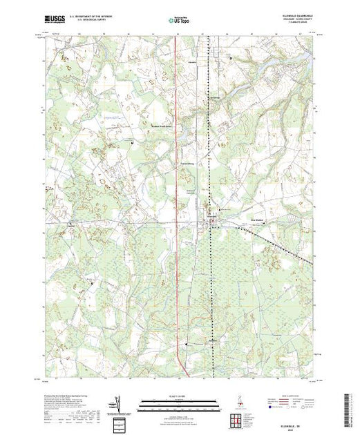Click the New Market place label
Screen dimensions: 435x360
pyautogui.click(x=257, y=221)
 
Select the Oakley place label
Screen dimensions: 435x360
pyautogui.click(x=70, y=224)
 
